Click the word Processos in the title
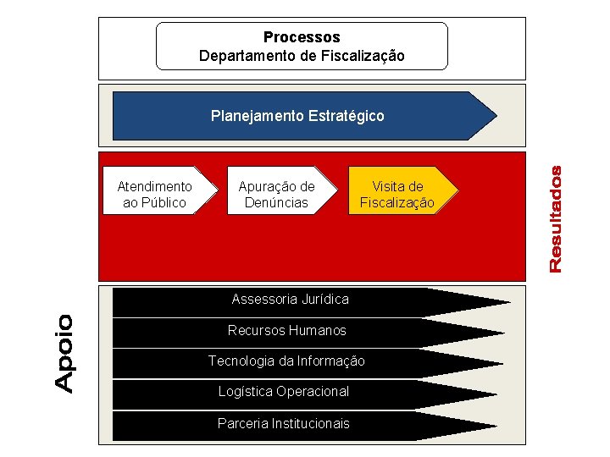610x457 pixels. (302, 37)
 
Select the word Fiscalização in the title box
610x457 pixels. (366, 56)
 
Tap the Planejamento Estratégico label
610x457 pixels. (297, 115)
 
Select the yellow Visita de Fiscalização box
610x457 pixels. (397, 194)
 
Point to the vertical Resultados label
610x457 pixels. (556, 219)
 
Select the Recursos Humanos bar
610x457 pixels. (287, 330)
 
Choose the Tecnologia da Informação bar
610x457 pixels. (287, 361)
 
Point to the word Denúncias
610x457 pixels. (276, 202)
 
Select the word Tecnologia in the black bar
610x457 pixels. (241, 361)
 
